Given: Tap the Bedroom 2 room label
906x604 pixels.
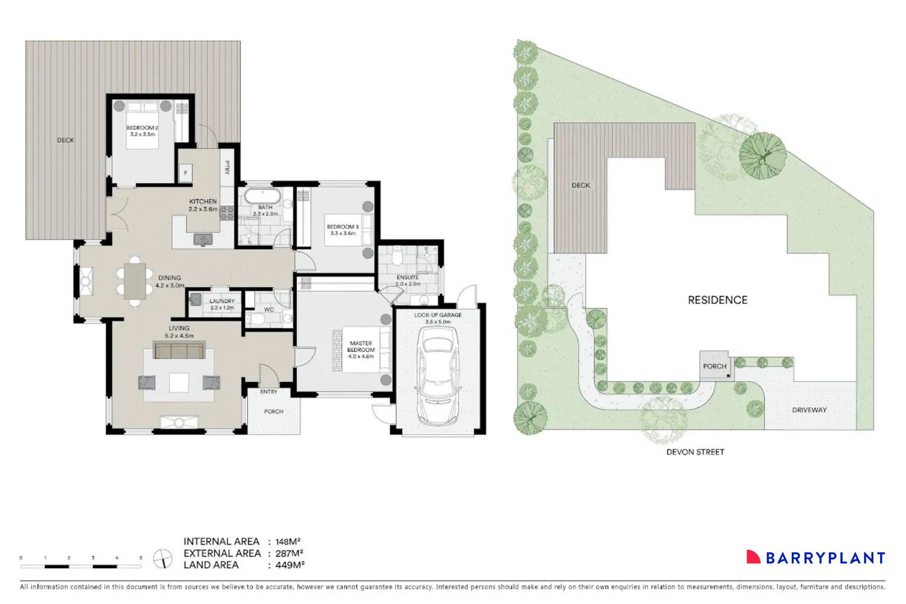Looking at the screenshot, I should [142, 131].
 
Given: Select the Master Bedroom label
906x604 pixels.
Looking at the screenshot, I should [361, 350].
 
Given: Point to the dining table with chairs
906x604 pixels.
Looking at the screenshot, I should [135, 281].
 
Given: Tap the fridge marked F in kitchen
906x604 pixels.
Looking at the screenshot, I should [185, 173].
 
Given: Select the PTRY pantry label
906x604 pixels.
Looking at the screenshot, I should [227, 168].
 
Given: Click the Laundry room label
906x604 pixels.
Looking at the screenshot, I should [222, 304].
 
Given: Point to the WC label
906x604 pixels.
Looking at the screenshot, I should [268, 310].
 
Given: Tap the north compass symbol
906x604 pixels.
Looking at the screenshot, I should [163, 559].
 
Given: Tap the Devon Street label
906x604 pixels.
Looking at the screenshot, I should [695, 452].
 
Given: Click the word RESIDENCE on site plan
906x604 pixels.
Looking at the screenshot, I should [717, 300].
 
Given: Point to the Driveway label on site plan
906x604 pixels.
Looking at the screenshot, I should [809, 410].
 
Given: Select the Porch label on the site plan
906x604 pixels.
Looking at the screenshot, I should [714, 366].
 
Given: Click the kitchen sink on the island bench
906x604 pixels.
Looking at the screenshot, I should [203, 240].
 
